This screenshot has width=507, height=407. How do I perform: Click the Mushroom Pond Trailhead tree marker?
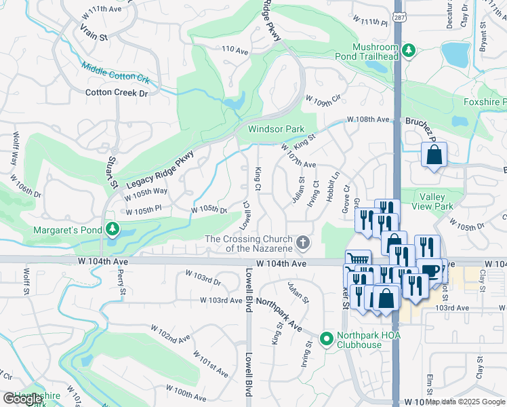click(x=408, y=51)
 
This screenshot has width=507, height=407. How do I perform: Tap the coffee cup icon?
click(x=429, y=270)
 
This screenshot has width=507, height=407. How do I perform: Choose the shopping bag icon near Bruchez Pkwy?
click(x=434, y=154)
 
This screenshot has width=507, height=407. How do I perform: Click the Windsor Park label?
click(x=276, y=129)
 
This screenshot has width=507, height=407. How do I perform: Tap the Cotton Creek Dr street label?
click(x=117, y=93)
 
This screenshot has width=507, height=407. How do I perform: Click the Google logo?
click(x=22, y=399)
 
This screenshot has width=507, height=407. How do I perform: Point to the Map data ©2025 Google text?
click(x=465, y=402)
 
